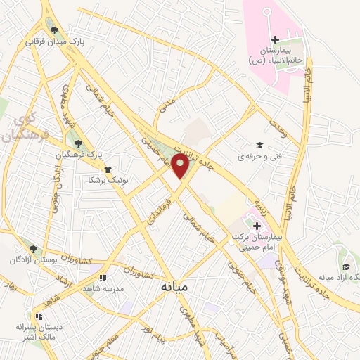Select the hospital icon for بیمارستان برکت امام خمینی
point(257,226)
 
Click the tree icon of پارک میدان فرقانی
point(54,30)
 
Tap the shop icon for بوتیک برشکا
point(107,169)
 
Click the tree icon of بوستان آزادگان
point(32,248)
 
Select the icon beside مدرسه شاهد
point(103,278)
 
